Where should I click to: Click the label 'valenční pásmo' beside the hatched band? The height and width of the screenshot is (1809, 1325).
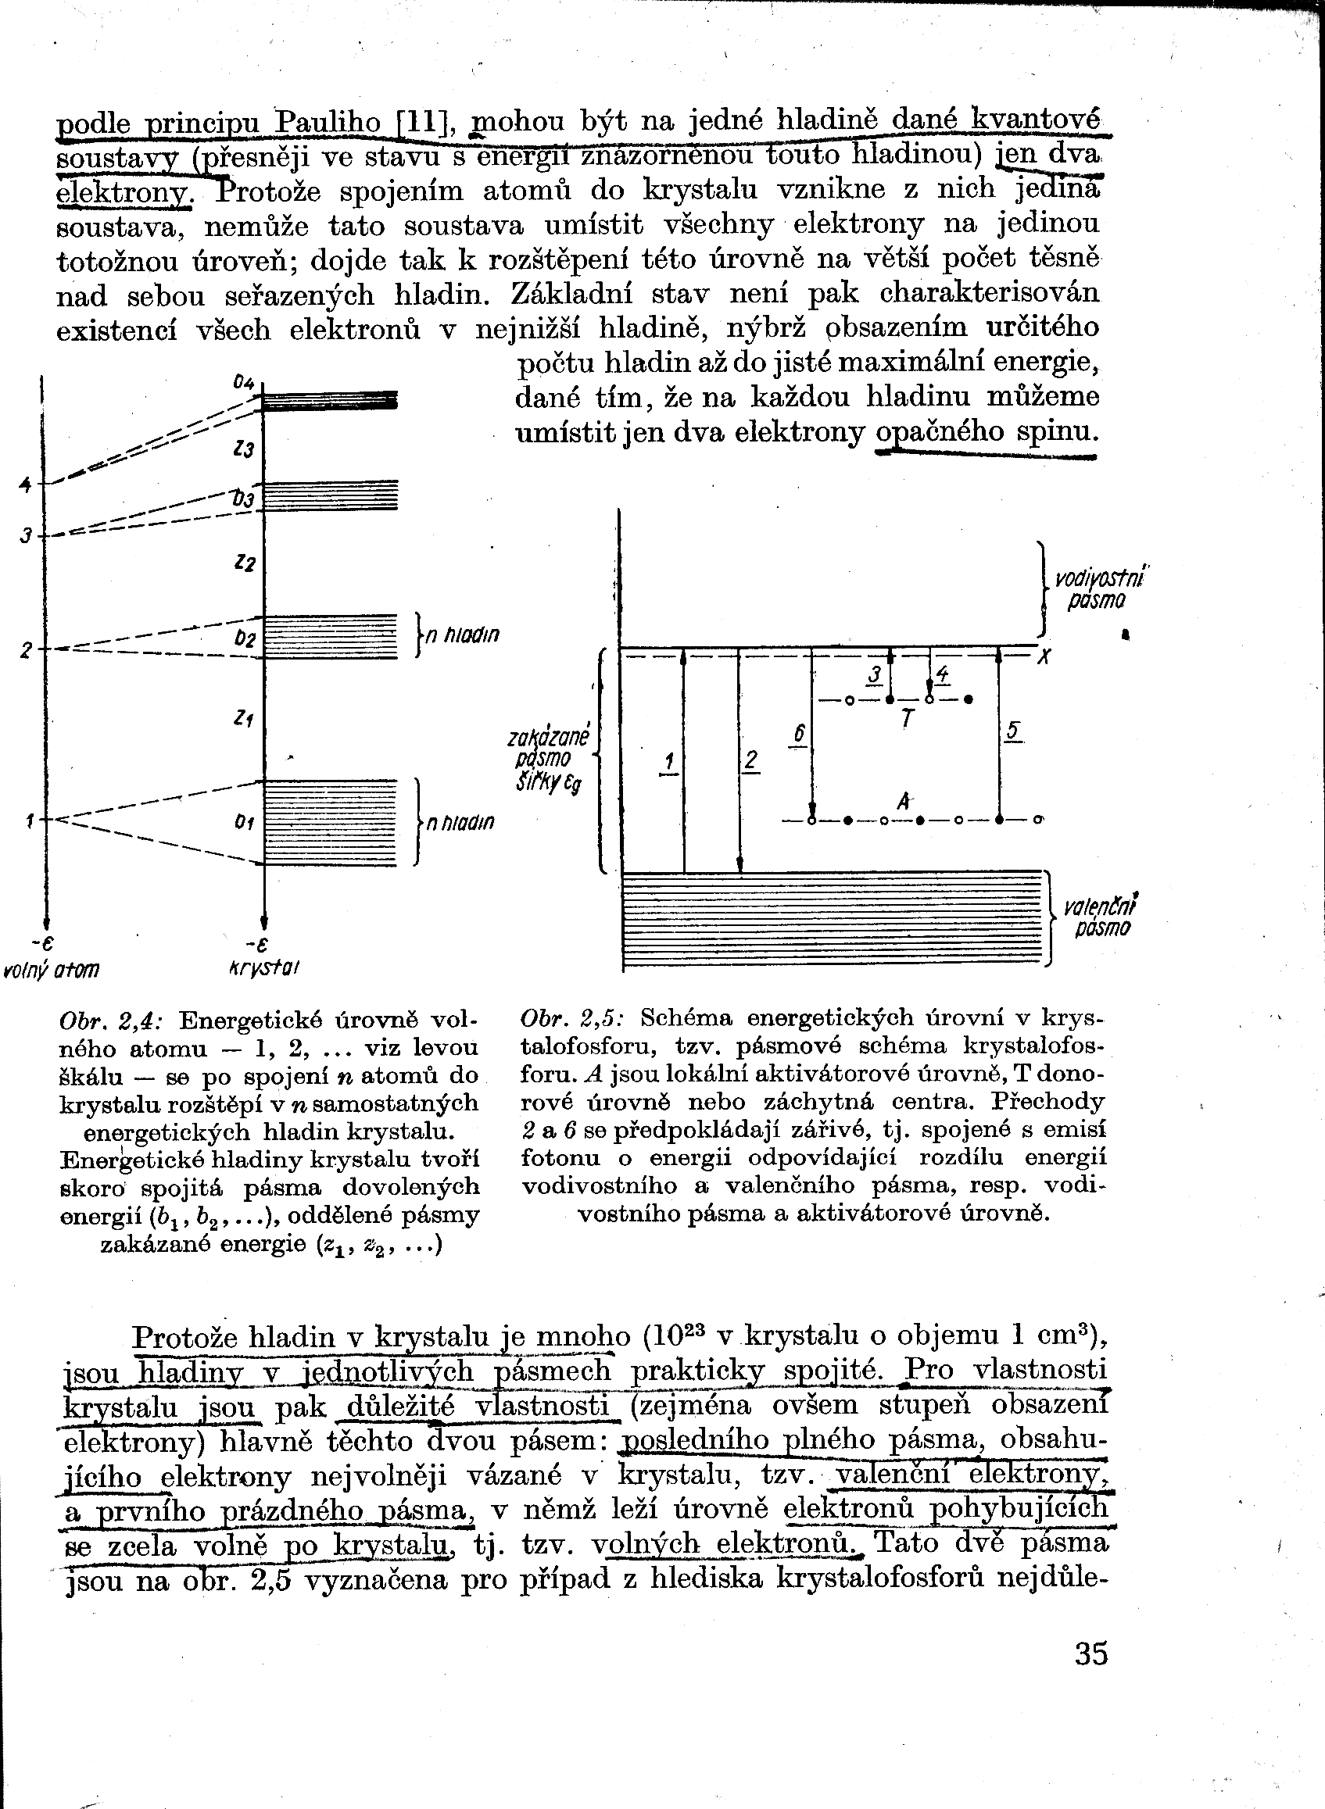(x=1100, y=917)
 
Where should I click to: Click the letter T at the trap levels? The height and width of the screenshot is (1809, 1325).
(x=907, y=719)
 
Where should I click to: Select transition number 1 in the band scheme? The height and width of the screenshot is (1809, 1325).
(x=668, y=761)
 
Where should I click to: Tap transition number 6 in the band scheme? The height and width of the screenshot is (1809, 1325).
(x=798, y=734)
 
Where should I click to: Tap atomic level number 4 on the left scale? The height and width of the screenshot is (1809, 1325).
(x=26, y=484)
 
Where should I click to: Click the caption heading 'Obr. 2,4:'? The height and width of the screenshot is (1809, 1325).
(x=112, y=1021)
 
